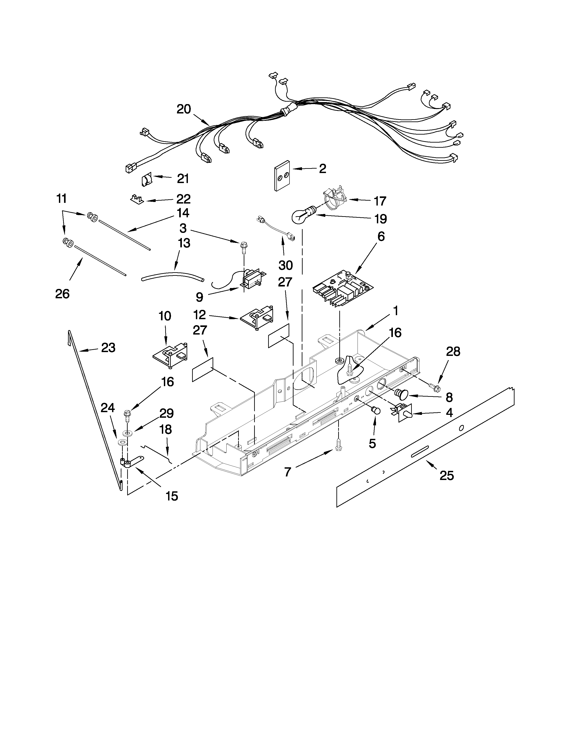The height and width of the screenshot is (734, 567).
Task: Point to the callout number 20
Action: (184, 109)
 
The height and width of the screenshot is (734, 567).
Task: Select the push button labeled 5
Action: (376, 411)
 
